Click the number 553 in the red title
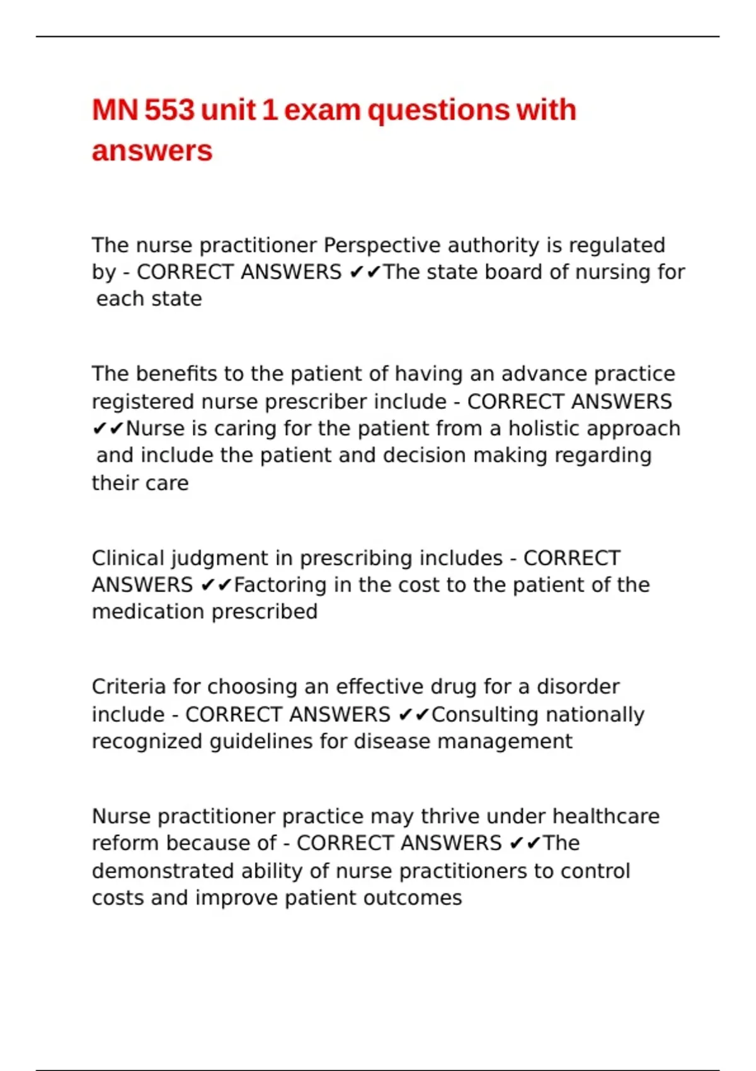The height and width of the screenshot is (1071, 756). pyautogui.click(x=169, y=110)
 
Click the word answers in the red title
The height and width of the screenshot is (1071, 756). pyautogui.click(x=152, y=151)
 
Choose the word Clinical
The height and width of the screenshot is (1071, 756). pyautogui.click(x=128, y=558)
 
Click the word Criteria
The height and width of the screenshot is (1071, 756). pyautogui.click(x=129, y=687)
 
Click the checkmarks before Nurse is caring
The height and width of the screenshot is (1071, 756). pyautogui.click(x=108, y=429)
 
